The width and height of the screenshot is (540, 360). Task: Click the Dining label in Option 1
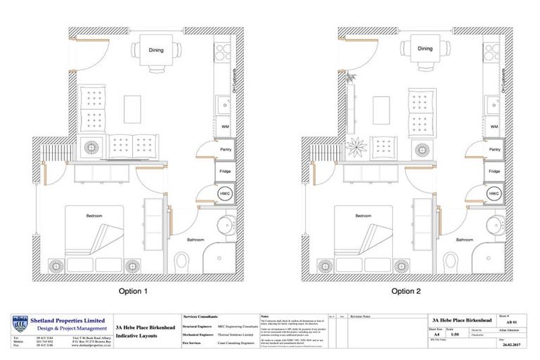[x=156, y=51]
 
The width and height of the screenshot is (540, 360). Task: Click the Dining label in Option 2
[x=425, y=49]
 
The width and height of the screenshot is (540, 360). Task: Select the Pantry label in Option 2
[x=494, y=150]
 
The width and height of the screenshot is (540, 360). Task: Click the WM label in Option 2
[x=494, y=127]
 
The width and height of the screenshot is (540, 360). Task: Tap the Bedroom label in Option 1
[x=96, y=214]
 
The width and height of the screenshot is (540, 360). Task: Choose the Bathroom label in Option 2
[x=463, y=240]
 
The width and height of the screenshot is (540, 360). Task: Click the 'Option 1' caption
[x=139, y=290]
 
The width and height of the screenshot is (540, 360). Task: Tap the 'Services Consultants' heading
[x=200, y=317]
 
